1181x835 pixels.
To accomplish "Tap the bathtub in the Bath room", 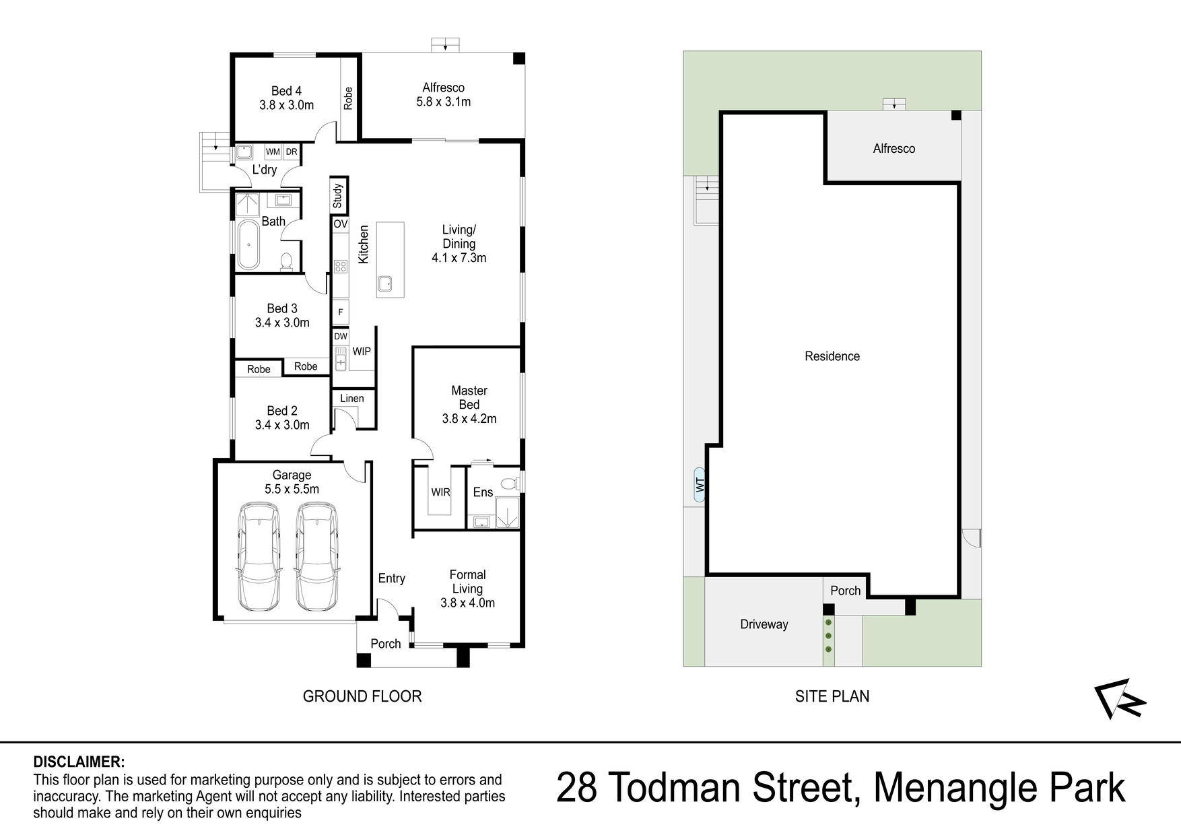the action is (x=248, y=244).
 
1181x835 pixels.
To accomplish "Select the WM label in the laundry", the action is (x=273, y=152).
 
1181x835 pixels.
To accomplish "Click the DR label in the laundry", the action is (x=291, y=152).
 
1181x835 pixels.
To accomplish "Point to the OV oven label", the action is (x=341, y=224).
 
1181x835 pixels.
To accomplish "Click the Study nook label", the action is (x=338, y=196).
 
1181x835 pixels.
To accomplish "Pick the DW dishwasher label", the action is (x=341, y=336).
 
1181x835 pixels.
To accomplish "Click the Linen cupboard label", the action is (x=352, y=399).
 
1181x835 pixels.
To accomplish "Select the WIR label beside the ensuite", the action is (x=440, y=492).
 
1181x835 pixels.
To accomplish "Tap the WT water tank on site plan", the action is (x=700, y=484).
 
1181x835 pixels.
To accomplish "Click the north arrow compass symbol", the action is (x=1120, y=698).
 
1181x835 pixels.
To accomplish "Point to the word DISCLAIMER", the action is (x=79, y=762).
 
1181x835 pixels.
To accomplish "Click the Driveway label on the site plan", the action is (x=764, y=624).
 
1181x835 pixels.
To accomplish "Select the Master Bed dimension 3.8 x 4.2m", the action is (x=469, y=419).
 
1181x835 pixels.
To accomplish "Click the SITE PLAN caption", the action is (x=832, y=696).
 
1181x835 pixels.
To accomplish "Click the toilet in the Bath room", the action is (x=287, y=261).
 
